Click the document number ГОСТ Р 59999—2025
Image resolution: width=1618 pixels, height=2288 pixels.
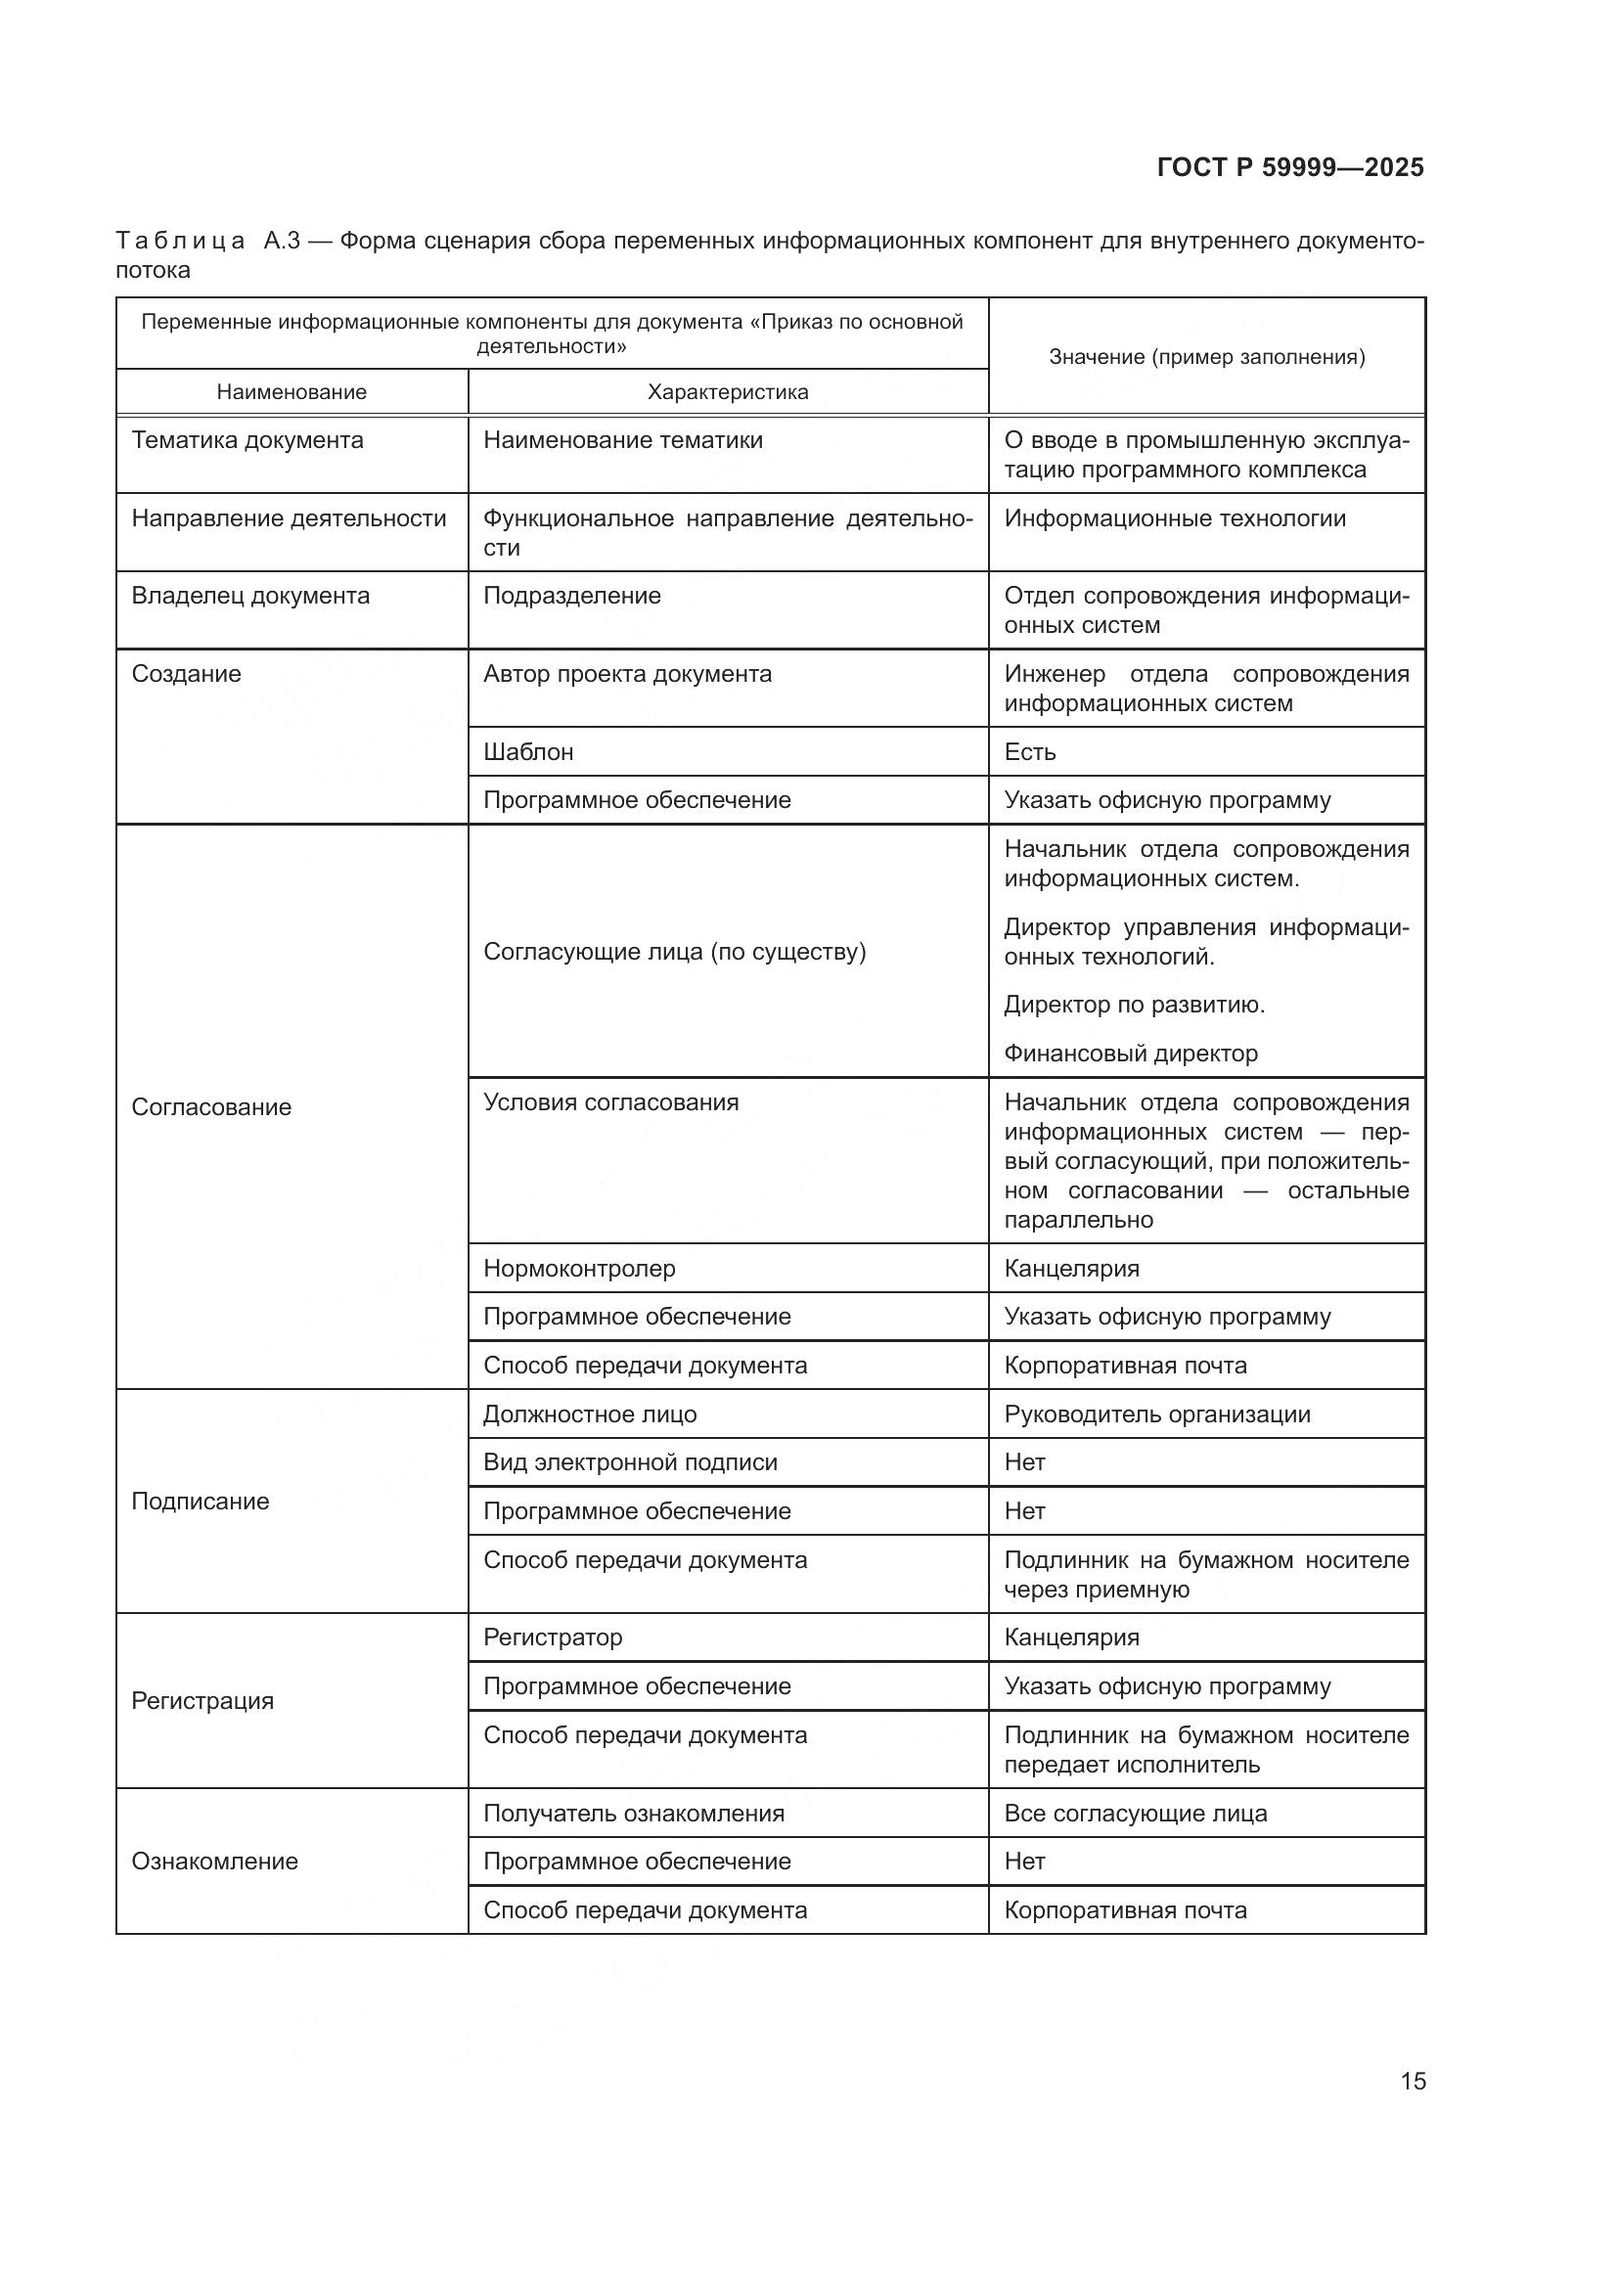pos(1290,167)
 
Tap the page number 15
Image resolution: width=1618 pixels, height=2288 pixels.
pos(1413,2081)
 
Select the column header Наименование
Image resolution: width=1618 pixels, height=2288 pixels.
pos(291,392)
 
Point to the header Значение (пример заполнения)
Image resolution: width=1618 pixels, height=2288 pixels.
pos(1206,357)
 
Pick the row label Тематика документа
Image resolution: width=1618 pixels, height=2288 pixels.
pos(247,440)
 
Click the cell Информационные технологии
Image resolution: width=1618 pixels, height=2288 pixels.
pos(1175,518)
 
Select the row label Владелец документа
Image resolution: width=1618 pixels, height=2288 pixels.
pos(250,596)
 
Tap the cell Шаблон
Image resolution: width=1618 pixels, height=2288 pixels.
pos(528,751)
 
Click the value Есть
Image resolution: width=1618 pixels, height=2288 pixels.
pos(1029,751)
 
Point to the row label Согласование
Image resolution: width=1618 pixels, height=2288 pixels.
pos(211,1107)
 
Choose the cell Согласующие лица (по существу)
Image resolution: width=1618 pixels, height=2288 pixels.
pos(675,952)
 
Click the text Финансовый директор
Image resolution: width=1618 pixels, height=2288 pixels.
pos(1131,1054)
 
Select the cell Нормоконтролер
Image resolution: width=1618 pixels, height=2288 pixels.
pos(579,1269)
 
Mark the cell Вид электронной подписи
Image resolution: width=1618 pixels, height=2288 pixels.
pos(630,1461)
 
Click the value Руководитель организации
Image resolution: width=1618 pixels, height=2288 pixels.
pos(1156,1414)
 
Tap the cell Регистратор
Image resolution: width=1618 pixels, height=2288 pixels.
pos(552,1637)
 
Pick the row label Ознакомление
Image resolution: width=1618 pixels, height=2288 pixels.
pos(214,1862)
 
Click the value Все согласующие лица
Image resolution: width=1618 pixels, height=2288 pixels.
pos(1135,1814)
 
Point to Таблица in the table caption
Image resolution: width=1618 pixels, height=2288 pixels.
pos(180,242)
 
